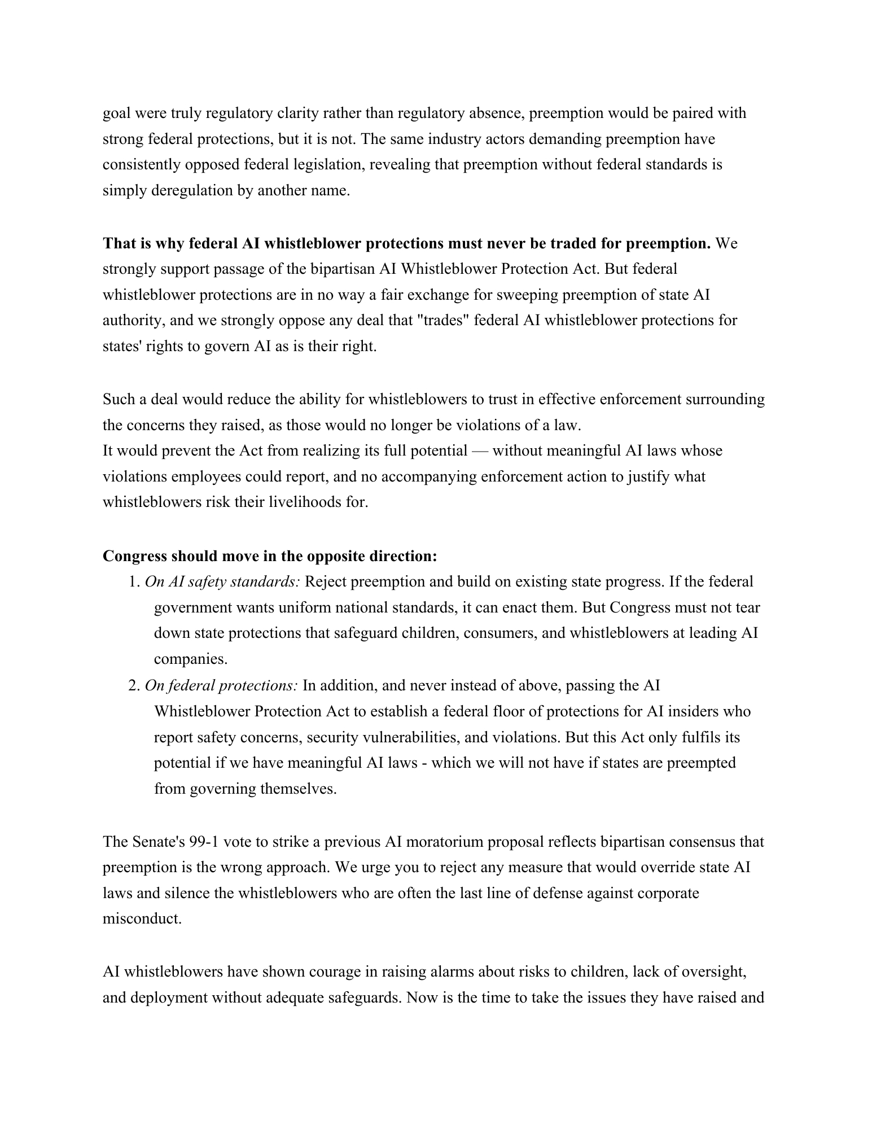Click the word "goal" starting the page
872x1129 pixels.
point(116,113)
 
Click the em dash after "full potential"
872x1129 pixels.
point(480,450)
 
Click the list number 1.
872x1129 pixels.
point(133,582)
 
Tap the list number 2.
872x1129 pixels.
point(133,685)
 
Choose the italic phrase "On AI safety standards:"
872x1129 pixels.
point(222,582)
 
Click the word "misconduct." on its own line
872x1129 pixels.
point(142,918)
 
